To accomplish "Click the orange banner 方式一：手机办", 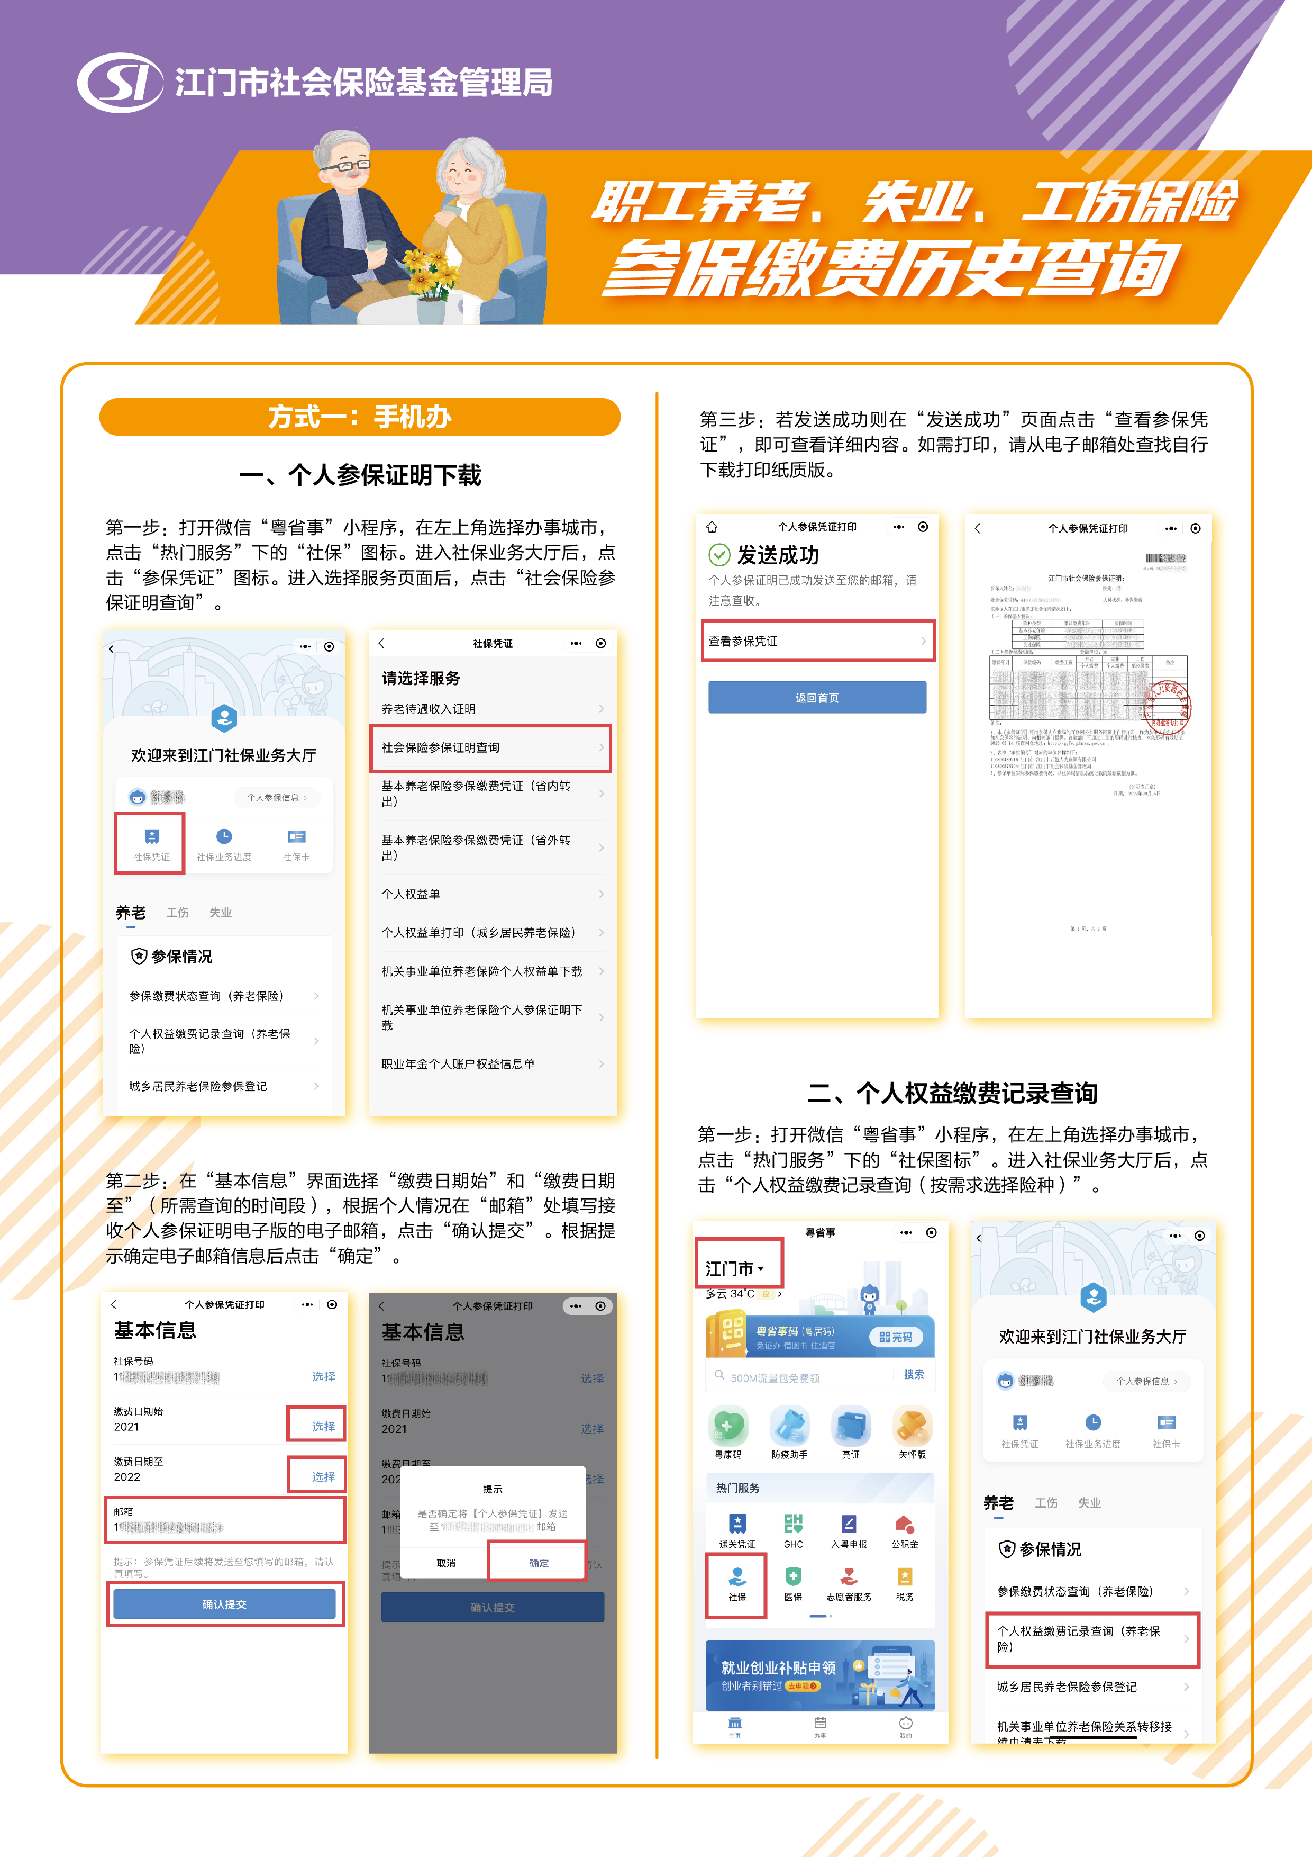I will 360,417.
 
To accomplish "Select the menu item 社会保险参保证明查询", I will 490,748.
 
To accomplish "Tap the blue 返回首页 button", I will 816,697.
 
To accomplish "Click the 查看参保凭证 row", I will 816,641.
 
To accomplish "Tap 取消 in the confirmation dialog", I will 446,1563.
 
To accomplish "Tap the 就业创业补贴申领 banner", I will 819,1674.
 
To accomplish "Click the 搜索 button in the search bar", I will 914,1374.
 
